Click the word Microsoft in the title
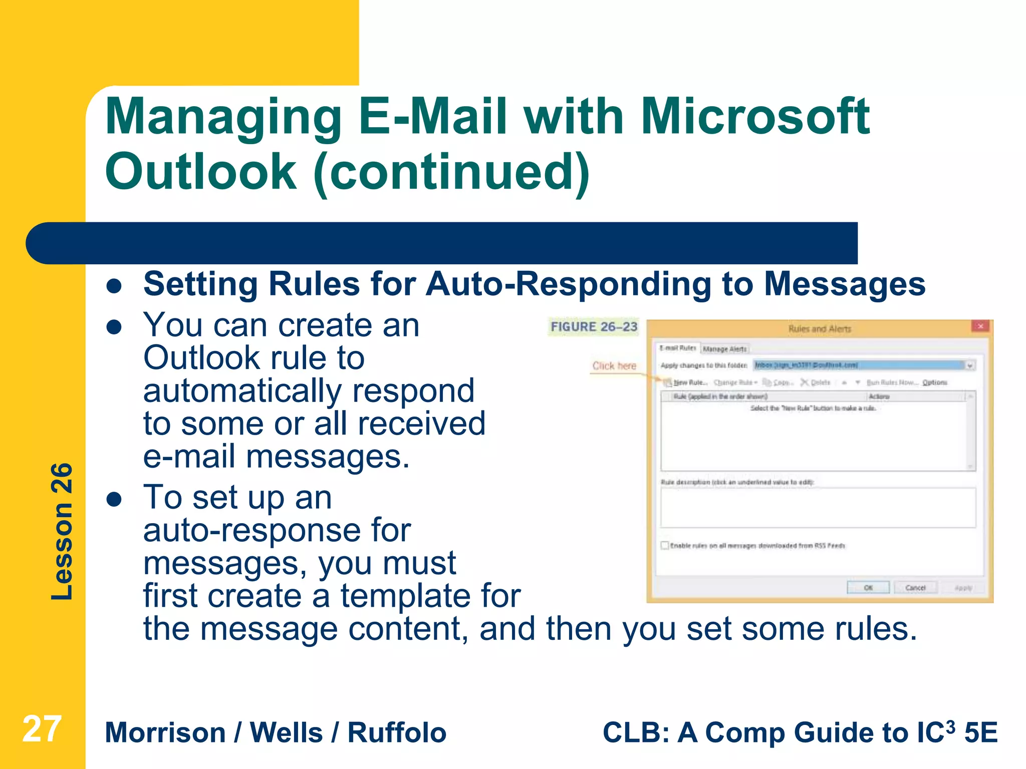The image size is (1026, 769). tap(755, 117)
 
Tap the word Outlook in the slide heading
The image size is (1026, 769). tap(201, 172)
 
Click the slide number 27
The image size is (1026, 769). tap(42, 729)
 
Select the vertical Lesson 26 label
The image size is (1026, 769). tap(62, 531)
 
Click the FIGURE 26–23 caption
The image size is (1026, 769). tap(594, 327)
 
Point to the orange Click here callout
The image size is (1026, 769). tap(614, 366)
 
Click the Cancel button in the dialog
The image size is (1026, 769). tap(915, 588)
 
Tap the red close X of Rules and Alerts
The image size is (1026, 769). tap(980, 326)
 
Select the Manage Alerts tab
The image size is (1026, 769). tap(724, 349)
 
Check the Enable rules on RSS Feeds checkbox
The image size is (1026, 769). tap(665, 545)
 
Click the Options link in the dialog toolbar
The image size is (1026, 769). tap(935, 382)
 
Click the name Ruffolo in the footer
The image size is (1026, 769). tap(397, 733)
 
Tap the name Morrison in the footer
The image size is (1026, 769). tap(165, 733)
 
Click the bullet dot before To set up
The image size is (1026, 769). tap(115, 499)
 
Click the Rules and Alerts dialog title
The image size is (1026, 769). tap(820, 329)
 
